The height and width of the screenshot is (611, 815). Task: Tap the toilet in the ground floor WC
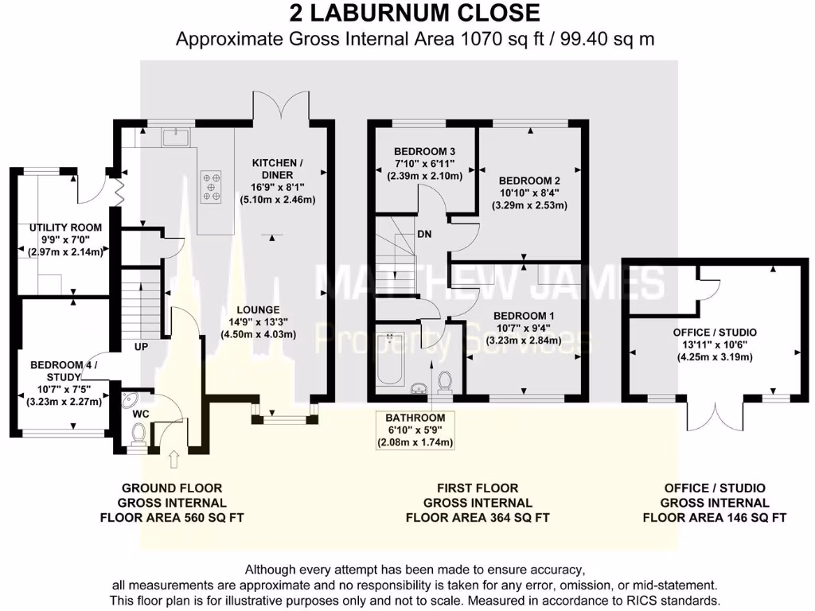click(138, 434)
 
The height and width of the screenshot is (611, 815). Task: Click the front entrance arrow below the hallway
click(175, 458)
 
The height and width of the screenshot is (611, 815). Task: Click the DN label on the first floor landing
click(424, 235)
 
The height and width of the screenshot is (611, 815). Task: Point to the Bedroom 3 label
click(424, 152)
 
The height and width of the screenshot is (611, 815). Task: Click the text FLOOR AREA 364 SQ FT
click(478, 516)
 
